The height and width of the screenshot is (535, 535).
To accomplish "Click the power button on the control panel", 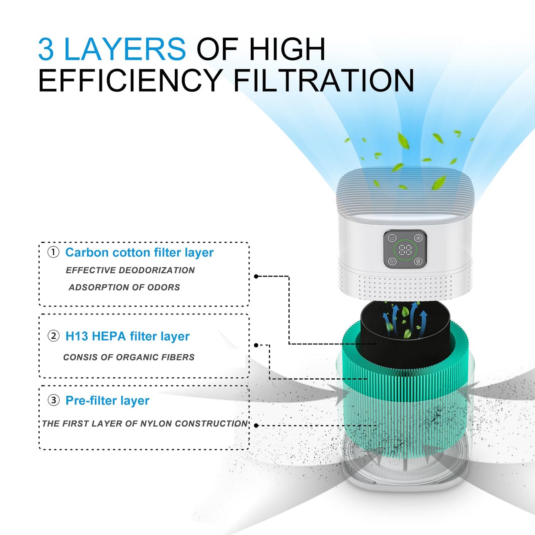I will click(392, 238).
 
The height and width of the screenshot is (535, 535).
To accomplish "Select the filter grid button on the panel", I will click(418, 261).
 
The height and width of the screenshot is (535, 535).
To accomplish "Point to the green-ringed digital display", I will click(405, 250).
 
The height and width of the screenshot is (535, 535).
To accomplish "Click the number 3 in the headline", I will click(46, 49).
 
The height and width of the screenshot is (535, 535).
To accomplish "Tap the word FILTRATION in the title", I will click(324, 80).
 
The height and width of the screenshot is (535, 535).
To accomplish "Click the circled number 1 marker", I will click(53, 253).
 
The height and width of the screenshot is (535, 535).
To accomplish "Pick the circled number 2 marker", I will click(53, 336).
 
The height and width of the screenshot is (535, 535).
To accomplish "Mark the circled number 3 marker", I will click(53, 400).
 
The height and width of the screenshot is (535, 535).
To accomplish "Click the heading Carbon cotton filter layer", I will click(139, 253).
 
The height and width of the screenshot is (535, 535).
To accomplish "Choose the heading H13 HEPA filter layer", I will click(127, 336).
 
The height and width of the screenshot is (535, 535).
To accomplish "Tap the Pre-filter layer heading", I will click(107, 401).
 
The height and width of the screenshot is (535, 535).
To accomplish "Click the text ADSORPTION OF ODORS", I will click(124, 287).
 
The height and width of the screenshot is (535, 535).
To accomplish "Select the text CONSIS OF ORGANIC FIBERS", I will click(129, 357).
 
